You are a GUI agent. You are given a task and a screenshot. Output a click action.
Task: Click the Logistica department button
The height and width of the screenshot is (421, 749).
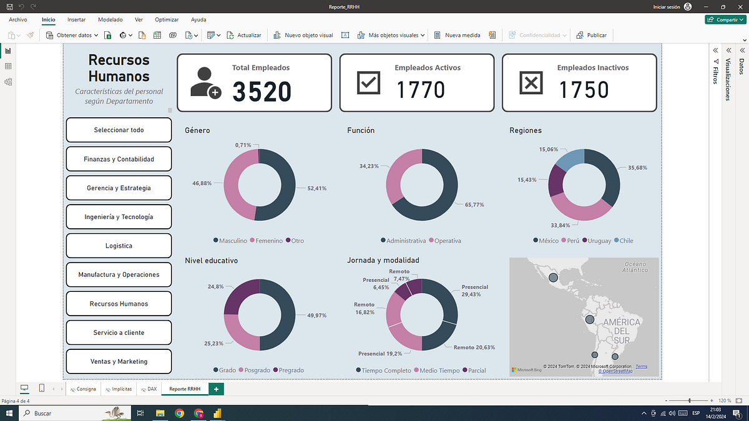(119, 246)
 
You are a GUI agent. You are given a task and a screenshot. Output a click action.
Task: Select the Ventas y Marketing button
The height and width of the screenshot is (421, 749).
(119, 361)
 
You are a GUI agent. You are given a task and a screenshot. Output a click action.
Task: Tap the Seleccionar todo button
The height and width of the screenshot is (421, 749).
(119, 130)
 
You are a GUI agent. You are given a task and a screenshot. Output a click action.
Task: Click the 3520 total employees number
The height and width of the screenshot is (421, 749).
(262, 91)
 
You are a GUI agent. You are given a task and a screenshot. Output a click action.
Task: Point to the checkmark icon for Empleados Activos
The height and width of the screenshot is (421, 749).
(368, 82)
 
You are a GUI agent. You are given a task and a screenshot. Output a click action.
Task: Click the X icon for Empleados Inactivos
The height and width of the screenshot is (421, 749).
(531, 82)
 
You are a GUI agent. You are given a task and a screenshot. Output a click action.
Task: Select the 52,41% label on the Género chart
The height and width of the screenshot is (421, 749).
(317, 188)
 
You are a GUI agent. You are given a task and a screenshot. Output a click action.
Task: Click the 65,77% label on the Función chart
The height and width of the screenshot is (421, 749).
(474, 205)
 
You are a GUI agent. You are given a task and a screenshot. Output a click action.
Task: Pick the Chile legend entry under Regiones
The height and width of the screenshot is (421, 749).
(624, 241)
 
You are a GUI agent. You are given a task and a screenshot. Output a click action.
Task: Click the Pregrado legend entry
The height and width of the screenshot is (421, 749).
(288, 370)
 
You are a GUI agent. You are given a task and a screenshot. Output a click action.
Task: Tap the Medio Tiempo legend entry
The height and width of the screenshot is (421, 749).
(437, 370)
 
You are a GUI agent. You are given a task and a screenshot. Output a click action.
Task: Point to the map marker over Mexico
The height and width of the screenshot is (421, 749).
(554, 278)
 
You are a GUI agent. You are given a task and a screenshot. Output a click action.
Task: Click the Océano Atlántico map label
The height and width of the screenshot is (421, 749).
(635, 267)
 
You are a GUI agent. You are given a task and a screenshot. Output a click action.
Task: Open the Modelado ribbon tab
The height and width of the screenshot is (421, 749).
(110, 20)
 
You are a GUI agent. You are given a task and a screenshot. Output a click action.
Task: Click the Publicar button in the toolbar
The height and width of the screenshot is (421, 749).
(591, 35)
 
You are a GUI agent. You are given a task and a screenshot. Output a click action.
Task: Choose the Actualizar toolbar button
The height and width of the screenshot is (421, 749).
(244, 35)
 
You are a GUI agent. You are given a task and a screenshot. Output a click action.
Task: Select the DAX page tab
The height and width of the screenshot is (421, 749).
(149, 389)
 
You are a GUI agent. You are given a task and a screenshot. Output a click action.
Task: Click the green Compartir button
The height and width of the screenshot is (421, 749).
(725, 20)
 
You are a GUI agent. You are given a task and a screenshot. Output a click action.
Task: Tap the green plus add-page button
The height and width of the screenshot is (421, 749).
(216, 389)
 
